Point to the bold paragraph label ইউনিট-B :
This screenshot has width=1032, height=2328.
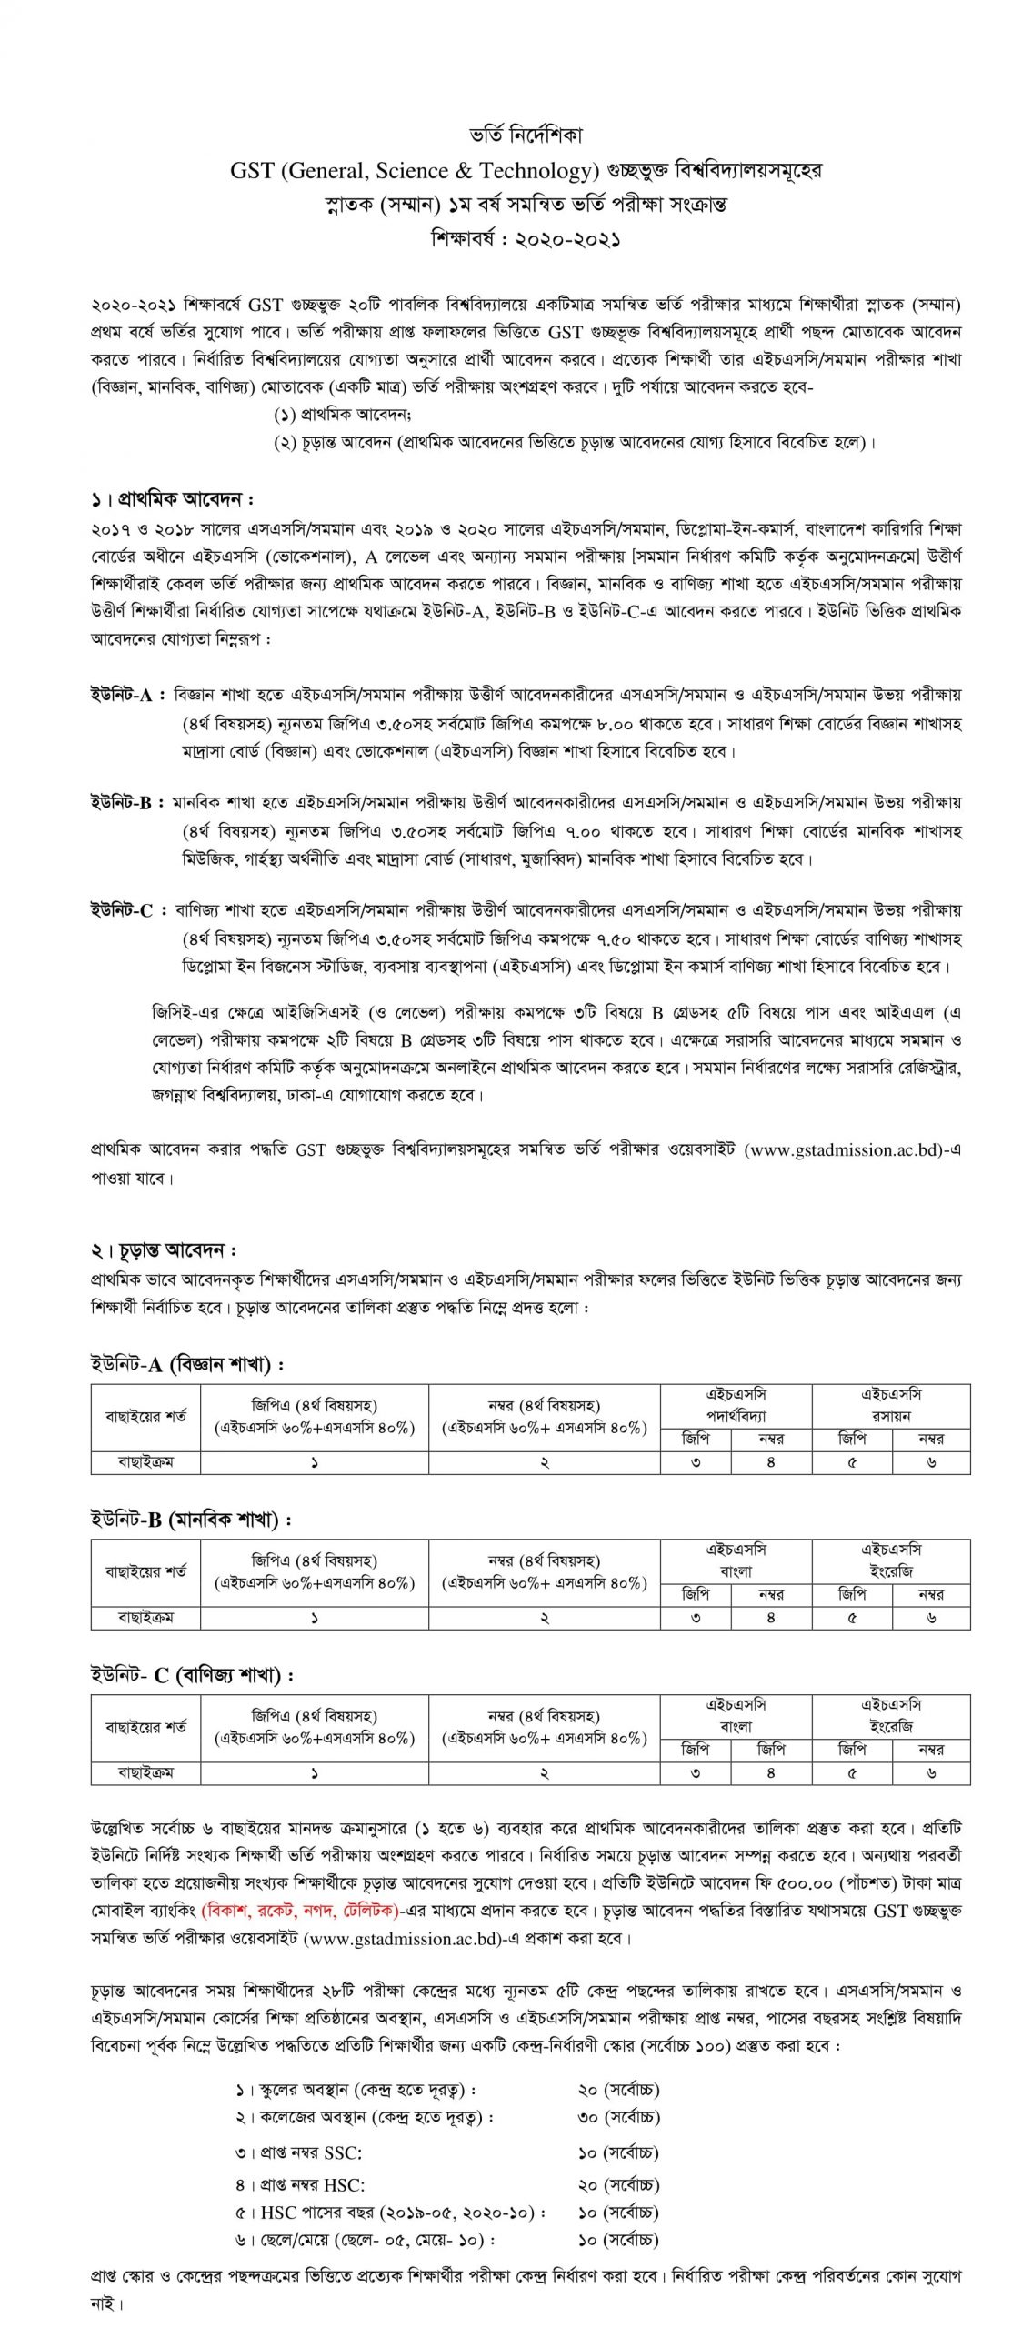pos(126,804)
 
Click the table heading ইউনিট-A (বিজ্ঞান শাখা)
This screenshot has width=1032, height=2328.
pos(186,1365)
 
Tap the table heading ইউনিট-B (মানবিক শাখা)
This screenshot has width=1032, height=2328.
pos(191,1520)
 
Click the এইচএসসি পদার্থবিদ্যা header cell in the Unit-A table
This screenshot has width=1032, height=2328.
pos(736,1405)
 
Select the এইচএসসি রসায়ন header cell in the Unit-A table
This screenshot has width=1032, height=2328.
pos(891,1405)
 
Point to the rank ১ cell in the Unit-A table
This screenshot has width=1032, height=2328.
pos(315,1462)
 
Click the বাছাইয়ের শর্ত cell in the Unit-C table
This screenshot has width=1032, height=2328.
pos(146,1727)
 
